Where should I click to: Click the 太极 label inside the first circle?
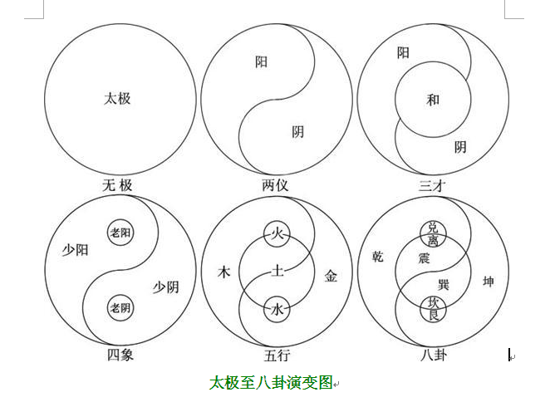point(117,99)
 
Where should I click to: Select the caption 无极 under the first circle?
point(117,185)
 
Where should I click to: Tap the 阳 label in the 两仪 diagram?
point(261,61)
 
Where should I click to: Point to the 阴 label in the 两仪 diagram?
point(297,132)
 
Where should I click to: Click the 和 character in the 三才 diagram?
point(433,100)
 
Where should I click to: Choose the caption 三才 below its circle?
point(432,185)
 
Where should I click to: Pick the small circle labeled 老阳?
point(120,233)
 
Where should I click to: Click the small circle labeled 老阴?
point(120,308)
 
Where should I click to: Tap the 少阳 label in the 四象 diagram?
point(76,250)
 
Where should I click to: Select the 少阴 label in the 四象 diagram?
point(166,287)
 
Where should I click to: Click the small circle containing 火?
point(277,233)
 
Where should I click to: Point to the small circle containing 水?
point(277,310)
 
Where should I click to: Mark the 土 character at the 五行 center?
point(277,271)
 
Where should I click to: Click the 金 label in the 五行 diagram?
point(331,276)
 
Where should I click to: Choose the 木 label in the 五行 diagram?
point(223,272)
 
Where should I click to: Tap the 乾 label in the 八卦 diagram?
point(377,257)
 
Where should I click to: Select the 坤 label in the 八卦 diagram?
point(489,282)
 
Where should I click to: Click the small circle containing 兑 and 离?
point(433,234)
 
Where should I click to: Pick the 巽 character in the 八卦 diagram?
point(444,284)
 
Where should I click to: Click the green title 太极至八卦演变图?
point(271,382)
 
